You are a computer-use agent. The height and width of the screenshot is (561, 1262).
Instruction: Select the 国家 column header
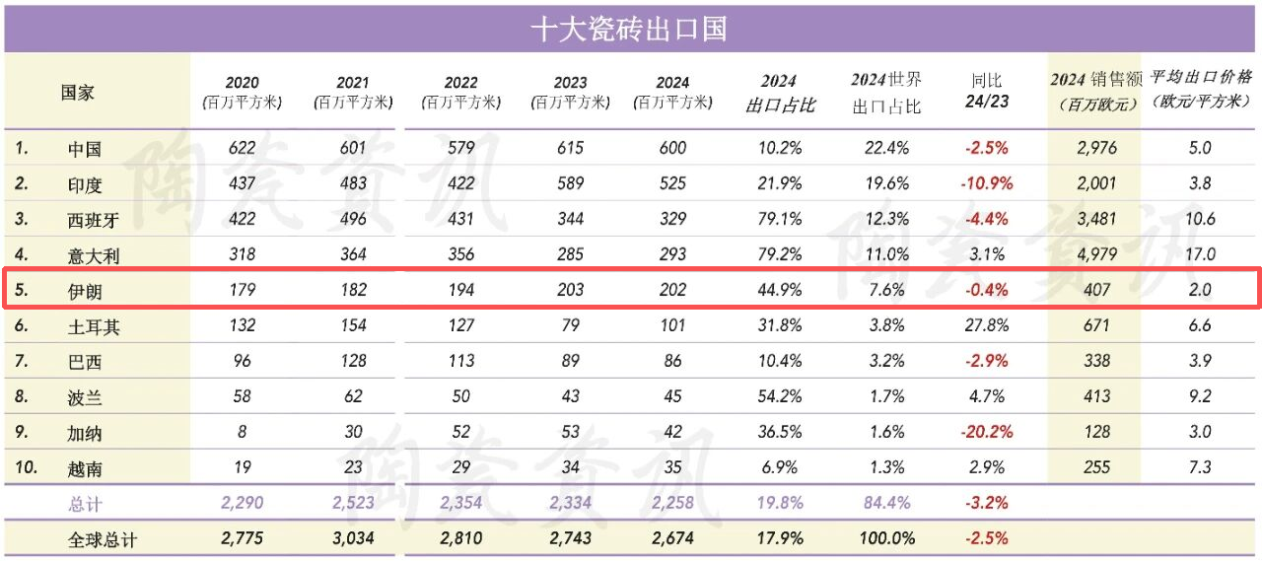pyautogui.click(x=78, y=92)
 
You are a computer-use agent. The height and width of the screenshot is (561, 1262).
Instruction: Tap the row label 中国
pyautogui.click(x=85, y=149)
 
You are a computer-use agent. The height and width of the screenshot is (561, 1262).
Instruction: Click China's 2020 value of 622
pyautogui.click(x=242, y=149)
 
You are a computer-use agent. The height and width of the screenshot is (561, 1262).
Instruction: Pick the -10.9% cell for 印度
pyautogui.click(x=988, y=184)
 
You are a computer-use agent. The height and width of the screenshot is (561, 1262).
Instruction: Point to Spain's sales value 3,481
pyautogui.click(x=1096, y=220)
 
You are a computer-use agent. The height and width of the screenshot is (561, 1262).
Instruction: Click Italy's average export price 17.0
pyautogui.click(x=1200, y=254)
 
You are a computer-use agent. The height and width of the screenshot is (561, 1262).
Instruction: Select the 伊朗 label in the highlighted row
pyautogui.click(x=85, y=290)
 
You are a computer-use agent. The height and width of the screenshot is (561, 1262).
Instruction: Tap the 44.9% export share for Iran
pyautogui.click(x=779, y=290)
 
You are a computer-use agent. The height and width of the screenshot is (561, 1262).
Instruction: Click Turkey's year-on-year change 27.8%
pyautogui.click(x=987, y=325)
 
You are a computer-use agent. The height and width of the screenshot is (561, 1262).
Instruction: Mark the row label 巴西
pyautogui.click(x=85, y=361)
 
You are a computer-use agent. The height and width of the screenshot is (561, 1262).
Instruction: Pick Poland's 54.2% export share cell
pyautogui.click(x=779, y=396)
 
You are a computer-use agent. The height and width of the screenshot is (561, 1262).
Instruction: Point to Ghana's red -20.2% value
pyautogui.click(x=987, y=432)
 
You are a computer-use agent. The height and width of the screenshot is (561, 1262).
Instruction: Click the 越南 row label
pyautogui.click(x=85, y=467)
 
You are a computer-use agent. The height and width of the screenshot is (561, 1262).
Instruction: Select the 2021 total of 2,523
pyautogui.click(x=352, y=503)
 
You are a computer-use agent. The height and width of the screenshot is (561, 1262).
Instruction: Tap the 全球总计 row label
pyautogui.click(x=103, y=539)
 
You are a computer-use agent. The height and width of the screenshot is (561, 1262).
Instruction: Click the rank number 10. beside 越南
pyautogui.click(x=26, y=467)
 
